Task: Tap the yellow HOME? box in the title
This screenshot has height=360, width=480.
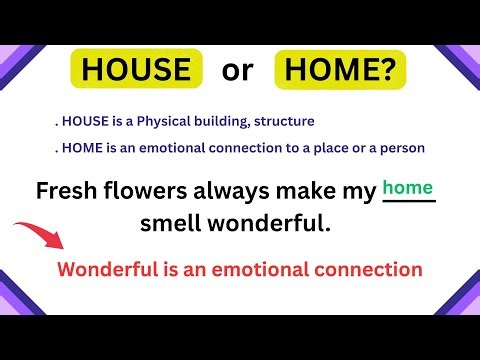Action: [x=343, y=69]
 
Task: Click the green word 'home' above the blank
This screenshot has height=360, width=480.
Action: [x=409, y=187]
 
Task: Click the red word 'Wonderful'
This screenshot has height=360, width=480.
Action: [x=107, y=269]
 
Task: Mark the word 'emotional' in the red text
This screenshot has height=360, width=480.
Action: [x=251, y=269]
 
